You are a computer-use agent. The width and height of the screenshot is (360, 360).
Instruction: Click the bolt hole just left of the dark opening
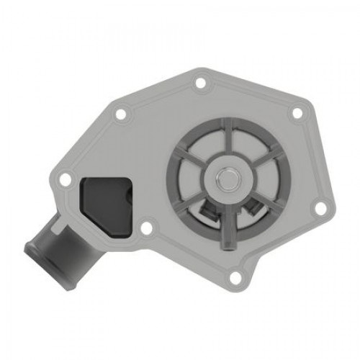coord(66,179)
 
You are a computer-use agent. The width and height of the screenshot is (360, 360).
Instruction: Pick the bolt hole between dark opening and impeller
coord(147,228)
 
